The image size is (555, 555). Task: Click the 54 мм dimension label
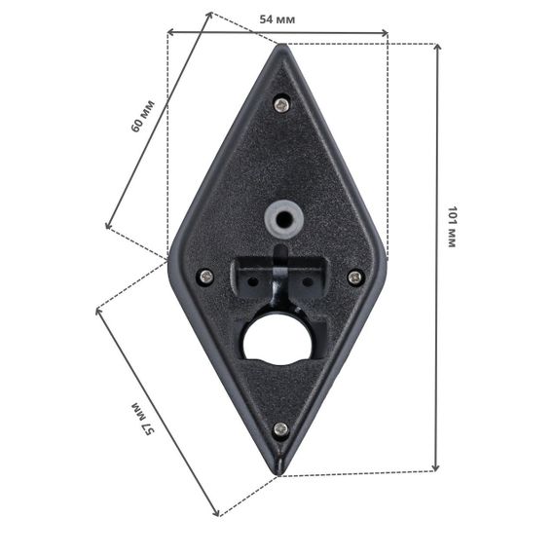[277, 19]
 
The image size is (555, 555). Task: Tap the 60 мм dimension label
[142, 116]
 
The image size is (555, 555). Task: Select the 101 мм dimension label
[453, 227]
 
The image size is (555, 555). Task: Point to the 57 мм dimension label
[143, 419]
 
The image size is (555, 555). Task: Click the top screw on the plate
[282, 104]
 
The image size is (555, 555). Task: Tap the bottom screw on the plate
[281, 429]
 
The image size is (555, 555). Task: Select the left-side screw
[206, 277]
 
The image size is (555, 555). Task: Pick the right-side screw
[355, 277]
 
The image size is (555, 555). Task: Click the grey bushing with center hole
[284, 219]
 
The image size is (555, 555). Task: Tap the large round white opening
[277, 340]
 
